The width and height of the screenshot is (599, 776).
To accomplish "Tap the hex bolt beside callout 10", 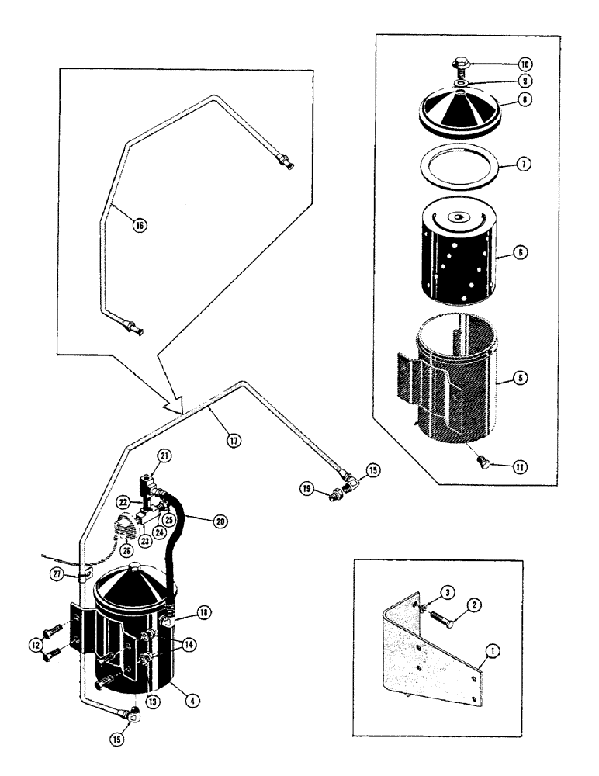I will click(458, 63).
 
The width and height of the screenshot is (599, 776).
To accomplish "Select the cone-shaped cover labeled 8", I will click(457, 111).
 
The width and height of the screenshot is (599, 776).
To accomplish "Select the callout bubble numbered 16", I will click(140, 226).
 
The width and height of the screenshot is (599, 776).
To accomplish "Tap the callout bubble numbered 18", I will click(205, 611).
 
